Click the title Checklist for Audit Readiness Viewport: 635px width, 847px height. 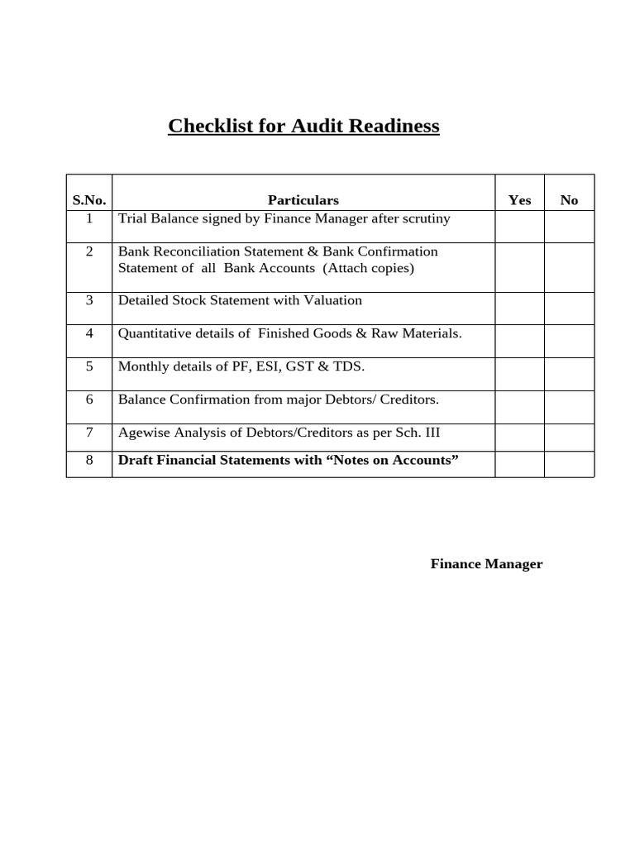[x=303, y=126]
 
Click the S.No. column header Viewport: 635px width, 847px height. [x=89, y=200]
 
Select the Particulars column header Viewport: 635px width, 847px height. [x=303, y=200]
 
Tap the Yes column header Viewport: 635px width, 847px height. [x=519, y=200]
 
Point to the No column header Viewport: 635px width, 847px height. [x=569, y=200]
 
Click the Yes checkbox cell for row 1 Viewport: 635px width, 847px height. [x=519, y=226]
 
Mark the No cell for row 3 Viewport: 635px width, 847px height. [x=569, y=308]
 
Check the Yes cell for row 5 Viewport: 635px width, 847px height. [x=519, y=374]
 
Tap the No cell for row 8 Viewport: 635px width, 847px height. [x=569, y=464]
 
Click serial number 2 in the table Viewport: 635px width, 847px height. [x=89, y=251]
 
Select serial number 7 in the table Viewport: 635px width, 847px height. [x=89, y=433]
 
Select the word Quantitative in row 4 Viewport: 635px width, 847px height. [x=155, y=333]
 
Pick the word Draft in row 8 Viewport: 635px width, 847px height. [x=136, y=460]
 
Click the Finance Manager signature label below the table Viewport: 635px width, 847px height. [x=486, y=564]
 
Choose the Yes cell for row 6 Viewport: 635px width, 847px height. [x=519, y=407]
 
